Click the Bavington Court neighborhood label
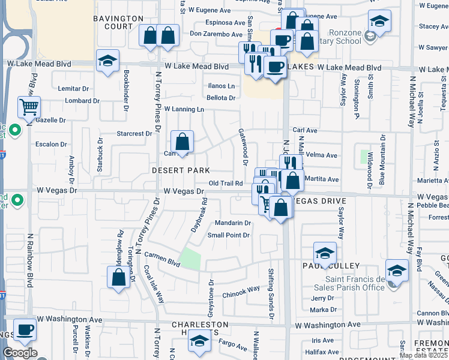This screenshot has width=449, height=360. [119, 23]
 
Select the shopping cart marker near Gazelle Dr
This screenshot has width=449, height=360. [29, 107]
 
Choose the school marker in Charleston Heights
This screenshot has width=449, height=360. [199, 342]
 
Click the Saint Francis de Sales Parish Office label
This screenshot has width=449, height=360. [355, 283]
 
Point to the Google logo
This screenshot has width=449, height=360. [20, 353]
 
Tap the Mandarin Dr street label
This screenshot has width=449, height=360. [233, 223]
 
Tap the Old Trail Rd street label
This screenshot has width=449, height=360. [225, 183]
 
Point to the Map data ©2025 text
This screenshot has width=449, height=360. [423, 355]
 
